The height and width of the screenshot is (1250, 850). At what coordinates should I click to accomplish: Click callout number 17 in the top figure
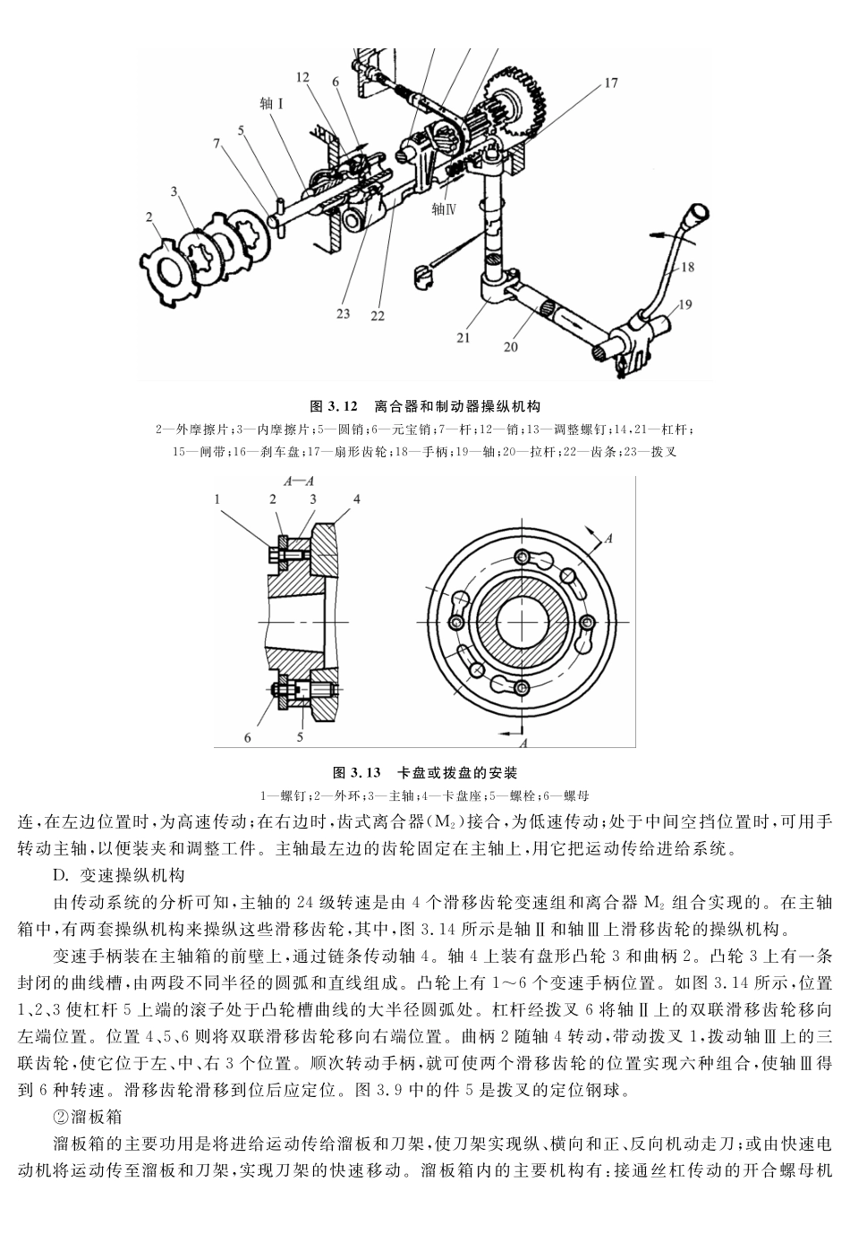click(610, 84)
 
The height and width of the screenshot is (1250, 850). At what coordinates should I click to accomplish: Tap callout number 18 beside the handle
click(687, 267)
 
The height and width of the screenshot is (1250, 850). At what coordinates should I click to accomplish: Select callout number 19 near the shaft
click(684, 304)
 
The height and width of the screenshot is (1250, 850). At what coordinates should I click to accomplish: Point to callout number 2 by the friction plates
click(149, 216)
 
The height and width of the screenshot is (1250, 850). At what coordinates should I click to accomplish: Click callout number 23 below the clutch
click(344, 313)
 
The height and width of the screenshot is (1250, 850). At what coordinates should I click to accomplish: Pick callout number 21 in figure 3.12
click(463, 337)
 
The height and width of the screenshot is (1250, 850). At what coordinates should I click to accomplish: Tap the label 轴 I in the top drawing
click(272, 104)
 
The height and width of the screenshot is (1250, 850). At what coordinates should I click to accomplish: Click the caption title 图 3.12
click(333, 406)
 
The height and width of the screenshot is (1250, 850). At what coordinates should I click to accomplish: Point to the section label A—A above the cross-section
click(299, 481)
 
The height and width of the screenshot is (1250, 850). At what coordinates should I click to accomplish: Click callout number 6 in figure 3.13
click(248, 737)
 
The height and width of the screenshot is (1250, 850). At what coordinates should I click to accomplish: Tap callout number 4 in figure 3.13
click(356, 498)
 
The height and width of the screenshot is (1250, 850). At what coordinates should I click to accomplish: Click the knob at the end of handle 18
click(699, 215)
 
